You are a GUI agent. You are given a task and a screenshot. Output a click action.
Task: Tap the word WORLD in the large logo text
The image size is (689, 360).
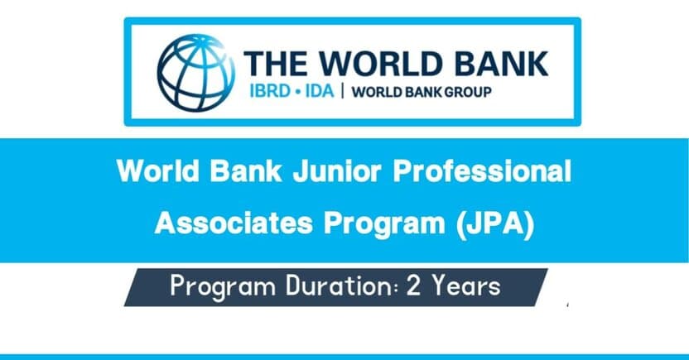(x=379, y=65)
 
